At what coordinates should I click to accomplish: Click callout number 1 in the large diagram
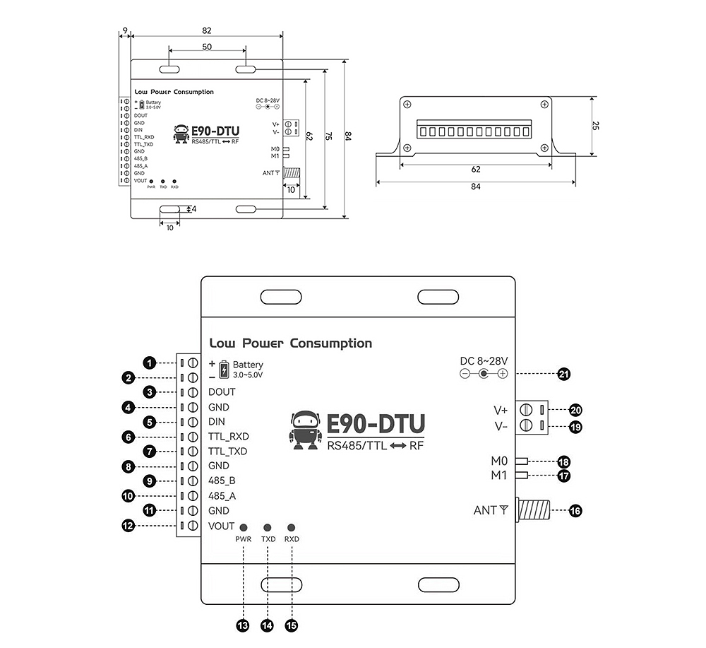(x=149, y=363)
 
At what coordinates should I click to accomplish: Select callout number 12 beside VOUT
(x=128, y=526)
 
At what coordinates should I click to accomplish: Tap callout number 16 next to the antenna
(x=576, y=510)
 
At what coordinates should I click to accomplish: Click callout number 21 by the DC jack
(x=563, y=375)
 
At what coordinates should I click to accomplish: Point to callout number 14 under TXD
(x=267, y=625)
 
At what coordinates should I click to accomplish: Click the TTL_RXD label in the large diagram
(x=229, y=437)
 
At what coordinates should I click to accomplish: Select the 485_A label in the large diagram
(x=222, y=496)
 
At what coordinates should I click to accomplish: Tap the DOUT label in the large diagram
(x=222, y=391)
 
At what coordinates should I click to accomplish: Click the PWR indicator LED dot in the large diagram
(x=244, y=528)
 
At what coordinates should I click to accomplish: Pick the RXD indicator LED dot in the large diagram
(x=291, y=528)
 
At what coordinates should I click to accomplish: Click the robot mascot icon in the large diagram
(x=305, y=430)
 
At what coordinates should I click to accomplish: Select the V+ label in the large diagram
(x=501, y=410)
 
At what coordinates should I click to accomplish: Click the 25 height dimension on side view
(x=596, y=126)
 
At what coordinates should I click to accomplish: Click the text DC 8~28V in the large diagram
(x=484, y=360)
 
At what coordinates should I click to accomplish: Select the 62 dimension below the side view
(x=475, y=170)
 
